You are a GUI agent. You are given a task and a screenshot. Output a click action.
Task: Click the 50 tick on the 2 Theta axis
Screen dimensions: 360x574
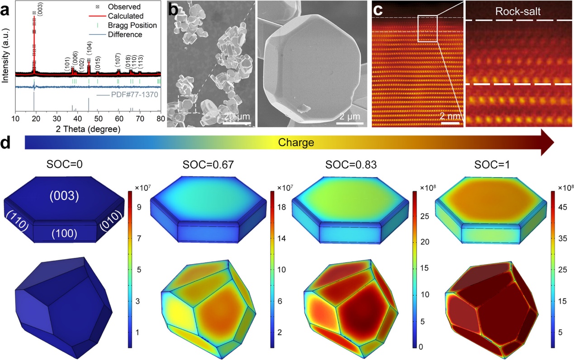tap(98, 119)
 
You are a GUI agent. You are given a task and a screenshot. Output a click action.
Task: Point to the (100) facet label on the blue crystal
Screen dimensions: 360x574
tap(64, 233)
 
